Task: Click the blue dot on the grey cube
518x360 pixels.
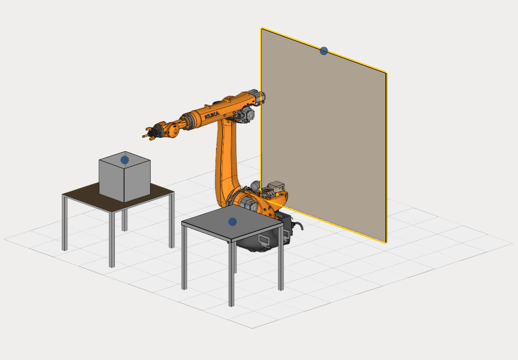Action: (124, 160)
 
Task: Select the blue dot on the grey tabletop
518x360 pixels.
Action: (232, 222)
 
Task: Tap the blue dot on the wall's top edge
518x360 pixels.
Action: (324, 51)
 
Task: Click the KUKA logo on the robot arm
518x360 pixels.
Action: (212, 115)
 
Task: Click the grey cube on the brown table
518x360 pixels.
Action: (124, 177)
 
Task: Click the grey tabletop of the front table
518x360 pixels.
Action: (232, 222)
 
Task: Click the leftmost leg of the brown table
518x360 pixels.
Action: (65, 223)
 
